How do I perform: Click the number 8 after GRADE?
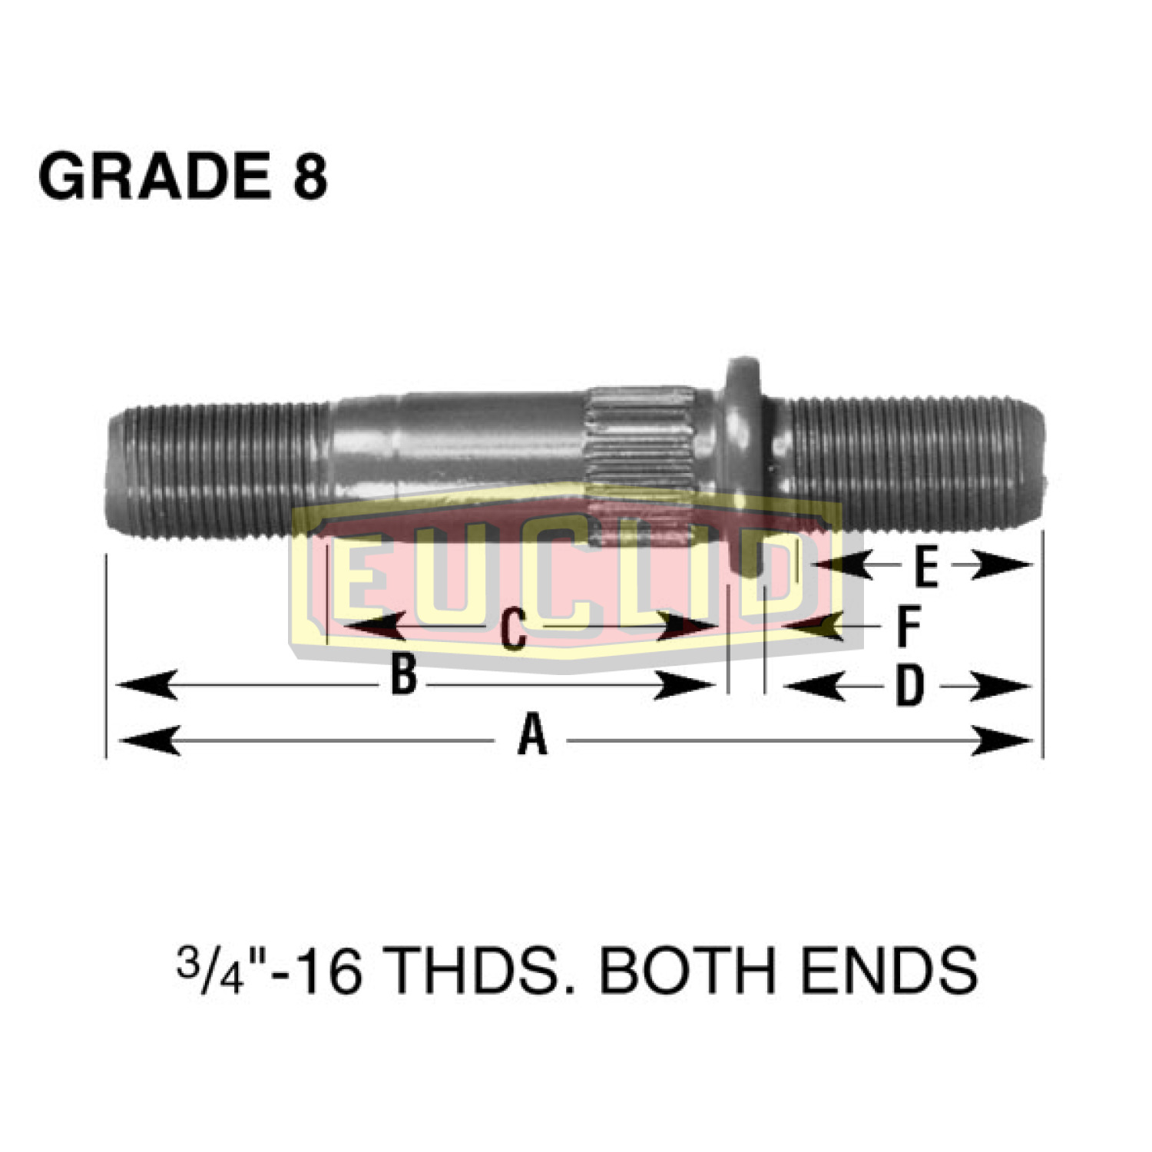310,177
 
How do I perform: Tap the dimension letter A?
532,735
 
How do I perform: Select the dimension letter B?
404,675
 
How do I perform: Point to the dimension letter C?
513,629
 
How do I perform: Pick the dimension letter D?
909,686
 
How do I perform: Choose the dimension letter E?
926,568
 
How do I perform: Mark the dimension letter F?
909,626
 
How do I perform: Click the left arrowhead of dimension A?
150,741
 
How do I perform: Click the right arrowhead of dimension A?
1002,741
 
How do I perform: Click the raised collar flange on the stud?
743,430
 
